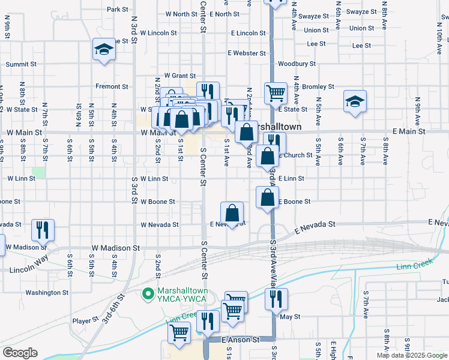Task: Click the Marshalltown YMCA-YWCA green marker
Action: pos(147,294)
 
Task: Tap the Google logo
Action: pos(20,353)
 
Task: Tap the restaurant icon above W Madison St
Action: pos(43,230)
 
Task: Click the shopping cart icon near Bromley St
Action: pos(276,93)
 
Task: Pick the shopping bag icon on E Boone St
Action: pos(267,197)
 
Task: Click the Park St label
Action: pos(117,10)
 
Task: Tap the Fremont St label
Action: pos(112,86)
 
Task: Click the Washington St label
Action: pos(47,293)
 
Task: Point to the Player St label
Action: pos(85,321)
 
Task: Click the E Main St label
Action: pos(408,131)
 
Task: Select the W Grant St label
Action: pos(175,76)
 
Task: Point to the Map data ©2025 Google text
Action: pos(412,355)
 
